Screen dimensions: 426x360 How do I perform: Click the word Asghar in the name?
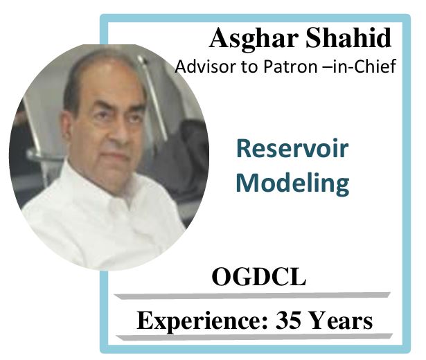(x=255, y=39)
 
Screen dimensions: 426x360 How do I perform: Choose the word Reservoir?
(x=292, y=148)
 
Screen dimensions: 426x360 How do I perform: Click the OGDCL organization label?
(x=259, y=277)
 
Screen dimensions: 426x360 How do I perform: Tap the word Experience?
(x=203, y=321)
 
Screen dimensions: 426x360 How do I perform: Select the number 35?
(x=289, y=320)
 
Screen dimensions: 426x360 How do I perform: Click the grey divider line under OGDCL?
(x=251, y=296)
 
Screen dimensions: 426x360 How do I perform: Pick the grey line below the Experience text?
(x=254, y=337)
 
